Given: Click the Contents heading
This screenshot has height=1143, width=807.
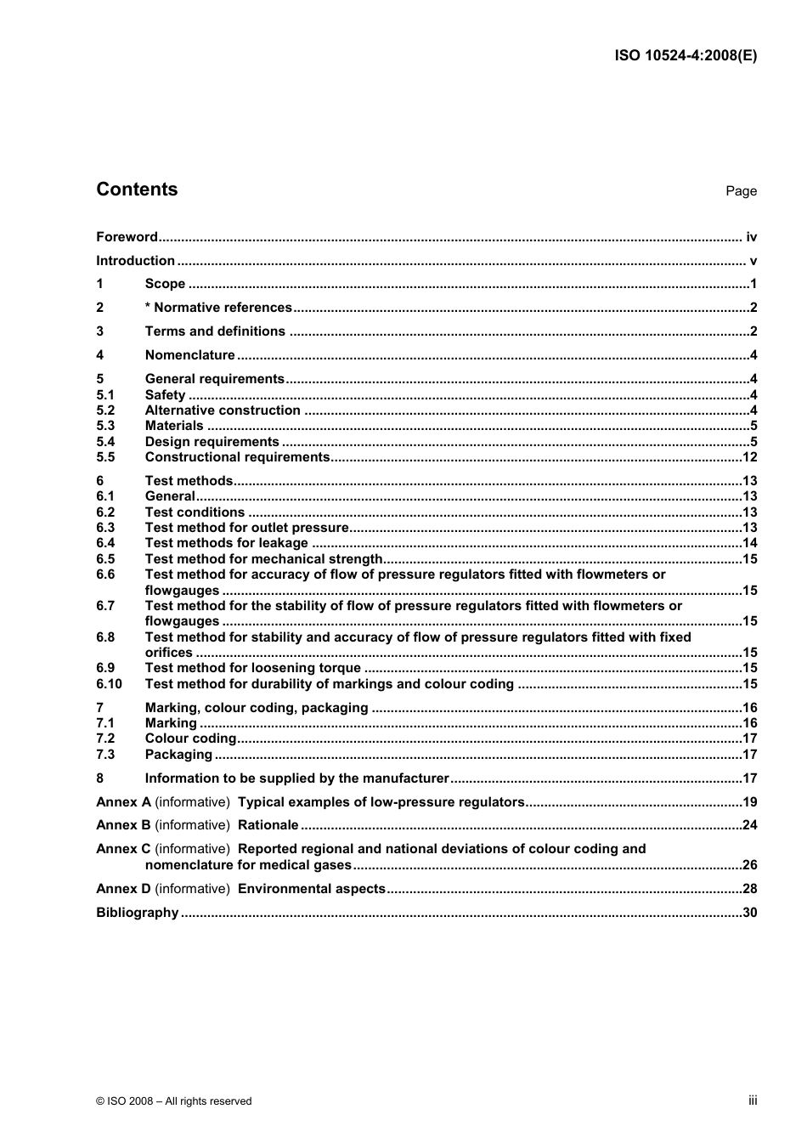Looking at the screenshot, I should tap(137, 190).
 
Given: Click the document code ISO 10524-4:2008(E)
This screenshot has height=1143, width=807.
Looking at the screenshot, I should tap(685, 55).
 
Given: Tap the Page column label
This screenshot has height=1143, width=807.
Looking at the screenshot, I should tap(741, 191).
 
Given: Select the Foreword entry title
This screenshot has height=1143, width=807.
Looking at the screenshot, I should tap(127, 237).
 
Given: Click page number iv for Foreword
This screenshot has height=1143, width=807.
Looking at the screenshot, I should tap(751, 237).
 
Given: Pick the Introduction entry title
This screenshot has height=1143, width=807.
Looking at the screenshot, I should tap(135, 261).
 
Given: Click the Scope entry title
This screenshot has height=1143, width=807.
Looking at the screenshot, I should tap(165, 284).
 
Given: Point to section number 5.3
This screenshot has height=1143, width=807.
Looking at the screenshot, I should tap(105, 426).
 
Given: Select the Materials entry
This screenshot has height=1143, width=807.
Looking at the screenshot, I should tap(174, 426).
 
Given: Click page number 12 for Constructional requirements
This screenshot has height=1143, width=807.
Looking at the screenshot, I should tap(749, 457).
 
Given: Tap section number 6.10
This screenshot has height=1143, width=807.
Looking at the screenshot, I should tap(109, 684).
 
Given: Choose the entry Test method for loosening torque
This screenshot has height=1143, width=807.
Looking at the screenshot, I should tap(252, 668).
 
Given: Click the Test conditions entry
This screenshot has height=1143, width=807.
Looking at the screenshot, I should tap(195, 512).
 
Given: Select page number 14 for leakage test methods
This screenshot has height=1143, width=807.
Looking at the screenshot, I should tap(749, 543).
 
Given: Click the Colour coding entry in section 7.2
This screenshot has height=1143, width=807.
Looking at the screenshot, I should tap(190, 738).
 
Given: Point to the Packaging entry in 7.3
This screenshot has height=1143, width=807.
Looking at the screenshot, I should tap(178, 755).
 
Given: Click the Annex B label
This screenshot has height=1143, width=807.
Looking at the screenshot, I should tap(123, 825).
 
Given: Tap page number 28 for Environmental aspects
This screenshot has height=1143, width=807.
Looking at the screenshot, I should tap(749, 889).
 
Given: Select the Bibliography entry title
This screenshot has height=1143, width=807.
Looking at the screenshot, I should tap(137, 913).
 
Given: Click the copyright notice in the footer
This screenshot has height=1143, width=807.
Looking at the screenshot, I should tap(174, 1101).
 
